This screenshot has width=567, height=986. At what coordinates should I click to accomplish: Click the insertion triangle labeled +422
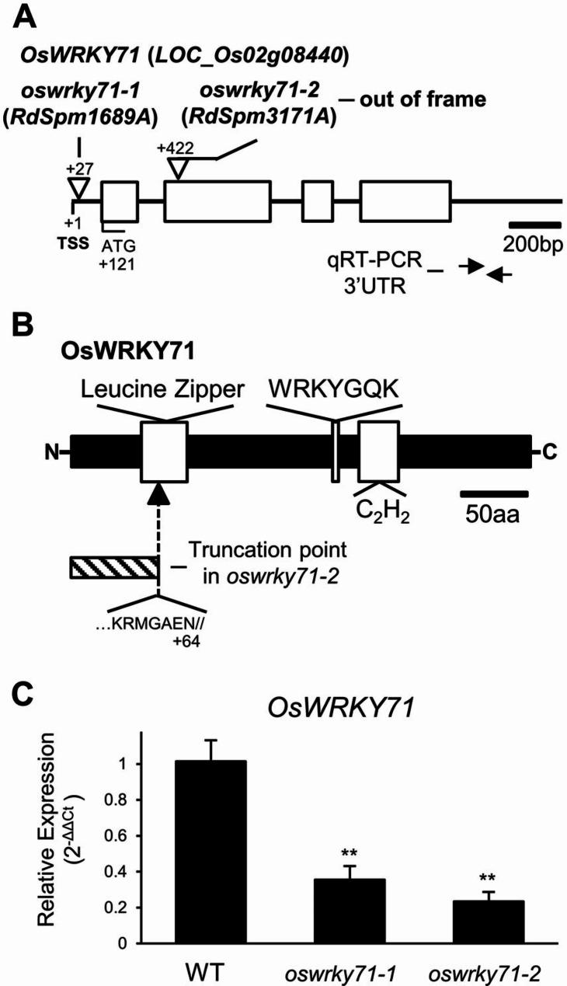pos(178,169)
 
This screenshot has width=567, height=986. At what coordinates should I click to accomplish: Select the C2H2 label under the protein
pos(377,511)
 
